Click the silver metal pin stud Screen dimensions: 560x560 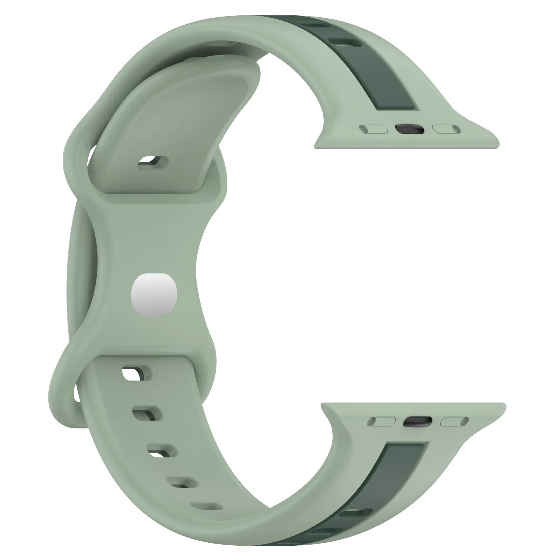[x=154, y=295]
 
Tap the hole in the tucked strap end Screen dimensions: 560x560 [x=153, y=163]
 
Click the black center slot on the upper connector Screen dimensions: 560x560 [x=410, y=129]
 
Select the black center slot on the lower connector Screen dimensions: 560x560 [x=417, y=421]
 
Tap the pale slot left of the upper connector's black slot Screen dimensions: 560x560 [x=373, y=129]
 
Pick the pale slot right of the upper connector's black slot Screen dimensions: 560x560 [x=446, y=129]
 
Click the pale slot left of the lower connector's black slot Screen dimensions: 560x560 [x=381, y=421]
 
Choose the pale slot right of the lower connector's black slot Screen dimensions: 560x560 [x=454, y=421]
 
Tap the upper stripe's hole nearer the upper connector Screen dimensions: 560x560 [x=345, y=43]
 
